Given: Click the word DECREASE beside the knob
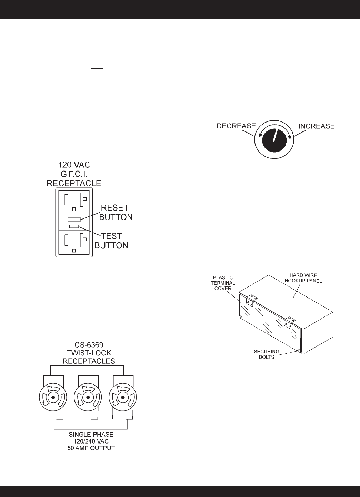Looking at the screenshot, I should pos(236,126).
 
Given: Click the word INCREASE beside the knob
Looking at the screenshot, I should pos(316,126).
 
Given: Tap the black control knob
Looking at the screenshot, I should pos(274,138).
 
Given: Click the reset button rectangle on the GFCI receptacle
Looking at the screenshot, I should pos(74,219).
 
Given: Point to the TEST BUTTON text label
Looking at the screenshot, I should pos(111,241).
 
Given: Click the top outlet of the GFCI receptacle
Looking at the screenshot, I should pos(74,201).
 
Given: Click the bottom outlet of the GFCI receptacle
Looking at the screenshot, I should pos(74,242).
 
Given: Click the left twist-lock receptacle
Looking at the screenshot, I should pos(53,398).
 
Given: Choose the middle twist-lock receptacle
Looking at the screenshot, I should pos(88,398).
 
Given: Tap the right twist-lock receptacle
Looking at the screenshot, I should pos(122,398).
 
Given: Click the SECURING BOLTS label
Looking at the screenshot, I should pos(267,354).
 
